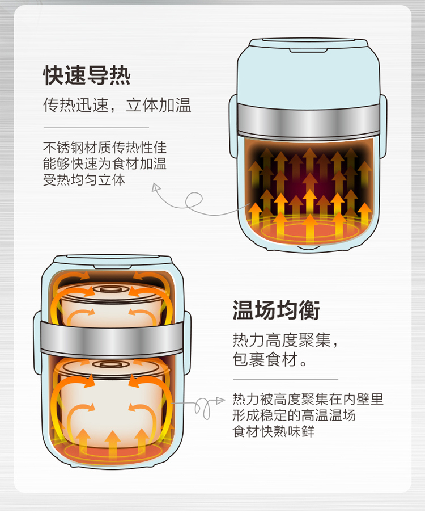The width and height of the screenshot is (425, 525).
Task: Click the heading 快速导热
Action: click(x=87, y=75)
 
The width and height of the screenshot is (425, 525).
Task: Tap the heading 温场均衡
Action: click(x=276, y=310)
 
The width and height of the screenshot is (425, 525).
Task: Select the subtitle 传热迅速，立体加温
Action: click(x=117, y=105)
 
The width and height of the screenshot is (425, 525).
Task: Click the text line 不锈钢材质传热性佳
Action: click(x=105, y=148)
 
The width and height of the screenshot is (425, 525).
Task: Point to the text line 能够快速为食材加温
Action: click(x=105, y=163)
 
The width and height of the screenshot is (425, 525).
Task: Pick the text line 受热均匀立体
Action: click(x=84, y=180)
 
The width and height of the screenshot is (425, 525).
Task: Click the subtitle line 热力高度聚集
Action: click(x=285, y=340)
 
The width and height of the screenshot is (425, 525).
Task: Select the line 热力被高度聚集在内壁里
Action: click(x=308, y=399)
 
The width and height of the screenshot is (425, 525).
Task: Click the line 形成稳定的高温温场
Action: click(x=294, y=415)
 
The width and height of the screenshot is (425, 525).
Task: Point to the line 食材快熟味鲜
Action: click(x=274, y=431)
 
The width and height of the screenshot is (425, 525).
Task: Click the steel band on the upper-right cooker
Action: click(x=309, y=120)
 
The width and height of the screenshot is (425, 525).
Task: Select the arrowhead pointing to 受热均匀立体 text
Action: click(x=156, y=187)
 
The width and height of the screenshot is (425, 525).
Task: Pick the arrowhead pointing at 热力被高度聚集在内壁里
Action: click(x=220, y=401)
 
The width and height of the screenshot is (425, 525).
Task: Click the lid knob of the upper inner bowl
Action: click(x=108, y=289)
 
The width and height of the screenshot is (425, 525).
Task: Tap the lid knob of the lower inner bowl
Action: click(x=108, y=364)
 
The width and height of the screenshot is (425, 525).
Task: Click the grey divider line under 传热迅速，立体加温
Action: click(x=96, y=128)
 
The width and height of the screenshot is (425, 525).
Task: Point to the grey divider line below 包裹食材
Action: click(x=286, y=379)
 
